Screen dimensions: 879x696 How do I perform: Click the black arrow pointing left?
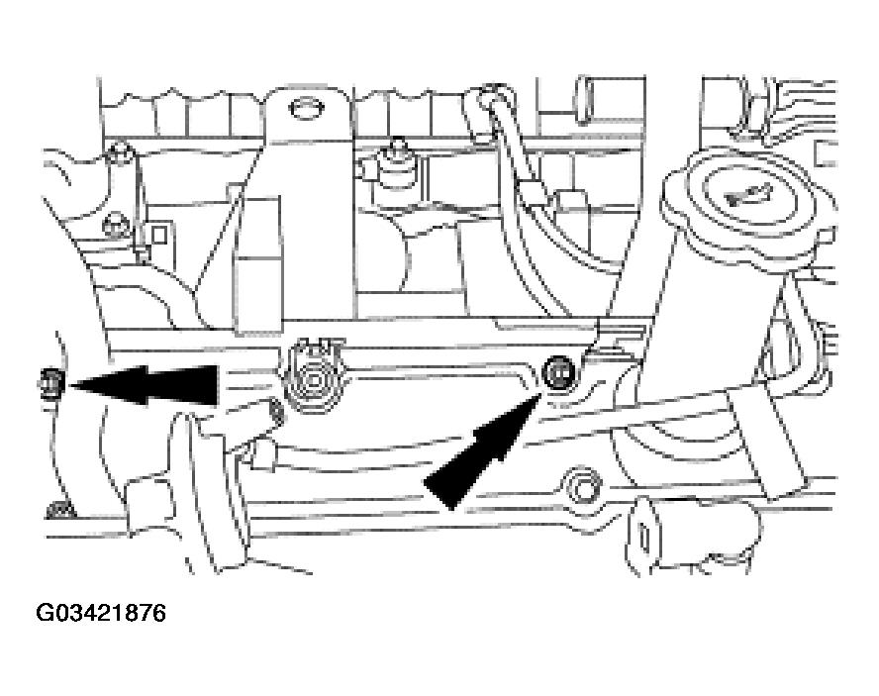143,385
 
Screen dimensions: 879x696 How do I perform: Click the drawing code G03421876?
101,613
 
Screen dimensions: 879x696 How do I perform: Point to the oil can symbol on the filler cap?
744,196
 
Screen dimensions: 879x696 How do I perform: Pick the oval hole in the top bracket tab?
308,108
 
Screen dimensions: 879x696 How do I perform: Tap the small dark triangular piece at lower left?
60,509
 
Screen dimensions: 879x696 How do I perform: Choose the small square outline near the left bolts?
158,235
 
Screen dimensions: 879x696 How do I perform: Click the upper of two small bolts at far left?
119,152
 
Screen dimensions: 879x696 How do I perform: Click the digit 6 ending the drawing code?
159,613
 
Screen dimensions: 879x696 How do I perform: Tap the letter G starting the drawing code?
44,613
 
